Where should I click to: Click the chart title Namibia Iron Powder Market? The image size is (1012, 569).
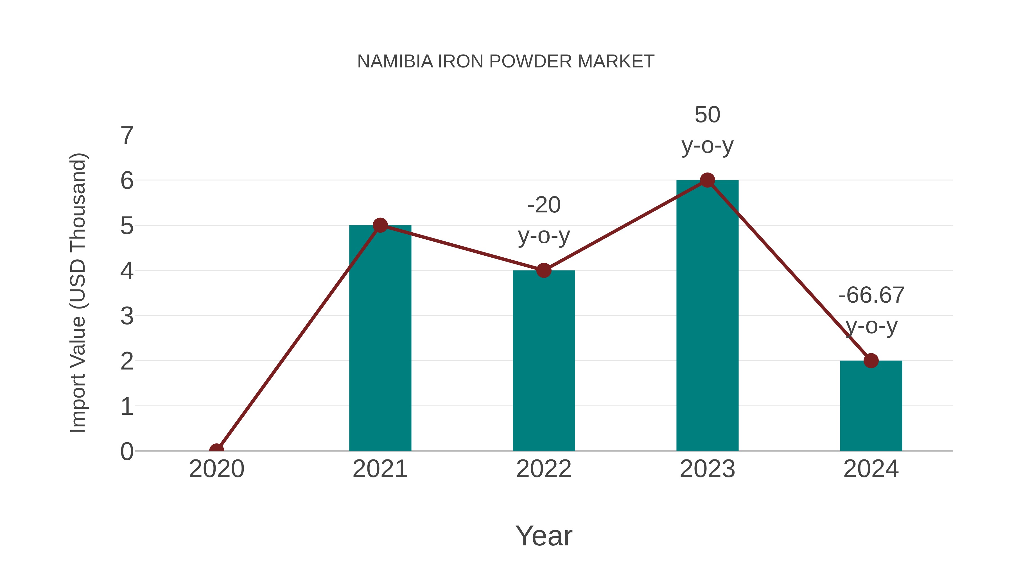pyautogui.click(x=506, y=62)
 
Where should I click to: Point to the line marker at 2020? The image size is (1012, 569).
pyautogui.click(x=216, y=450)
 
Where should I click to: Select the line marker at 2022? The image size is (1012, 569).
pyautogui.click(x=544, y=271)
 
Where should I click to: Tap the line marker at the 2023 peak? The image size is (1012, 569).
pyautogui.click(x=707, y=180)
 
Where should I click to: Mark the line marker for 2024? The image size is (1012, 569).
pyautogui.click(x=871, y=361)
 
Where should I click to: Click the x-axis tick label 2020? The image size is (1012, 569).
pyautogui.click(x=216, y=469)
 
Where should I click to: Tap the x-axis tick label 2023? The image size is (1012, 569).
pyautogui.click(x=707, y=469)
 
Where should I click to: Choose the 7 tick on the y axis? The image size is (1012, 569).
pyautogui.click(x=127, y=136)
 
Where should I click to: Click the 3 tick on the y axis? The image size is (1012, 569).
pyautogui.click(x=127, y=316)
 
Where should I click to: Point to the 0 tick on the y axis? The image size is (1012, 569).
pyautogui.click(x=127, y=452)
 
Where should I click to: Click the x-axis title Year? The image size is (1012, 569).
pyautogui.click(x=544, y=536)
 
